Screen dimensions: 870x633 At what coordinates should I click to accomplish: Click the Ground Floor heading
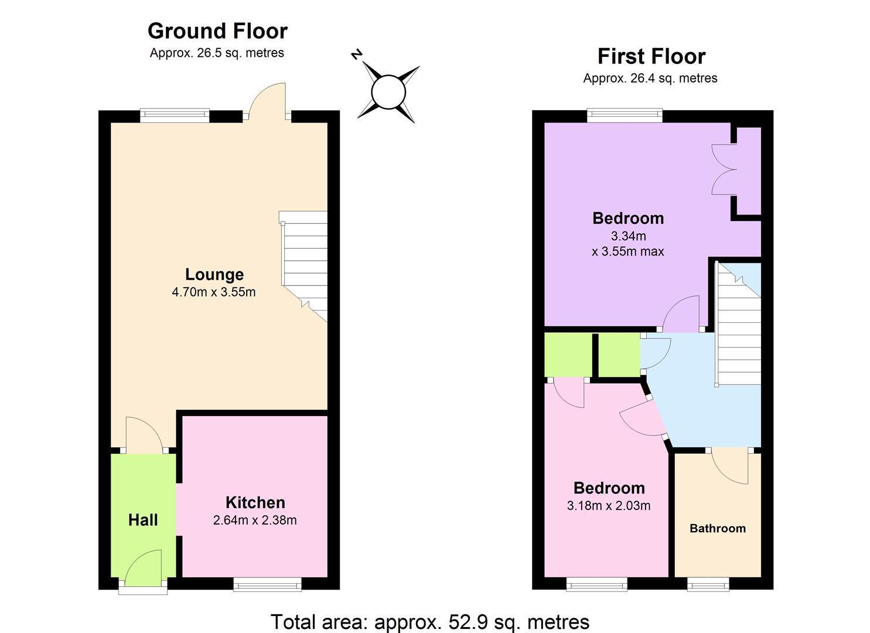click(x=217, y=31)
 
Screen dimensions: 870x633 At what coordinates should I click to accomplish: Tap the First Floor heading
click(x=651, y=57)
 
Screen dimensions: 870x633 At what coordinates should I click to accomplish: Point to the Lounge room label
click(x=214, y=274)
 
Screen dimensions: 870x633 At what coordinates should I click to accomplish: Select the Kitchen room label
click(x=255, y=502)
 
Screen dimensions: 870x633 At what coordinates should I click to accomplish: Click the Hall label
click(x=143, y=520)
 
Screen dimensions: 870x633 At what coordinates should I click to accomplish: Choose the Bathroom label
click(x=717, y=528)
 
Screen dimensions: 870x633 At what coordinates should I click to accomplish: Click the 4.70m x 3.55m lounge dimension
click(x=214, y=292)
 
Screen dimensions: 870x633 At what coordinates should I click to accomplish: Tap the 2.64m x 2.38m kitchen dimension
click(x=255, y=520)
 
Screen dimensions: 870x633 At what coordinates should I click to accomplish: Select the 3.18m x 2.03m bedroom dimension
click(x=609, y=506)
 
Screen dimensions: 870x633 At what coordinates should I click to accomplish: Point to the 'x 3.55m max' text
click(x=627, y=251)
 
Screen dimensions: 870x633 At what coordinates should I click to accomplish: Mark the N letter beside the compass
click(x=357, y=55)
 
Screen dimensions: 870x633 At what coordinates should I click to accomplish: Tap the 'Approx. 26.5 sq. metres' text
click(x=217, y=53)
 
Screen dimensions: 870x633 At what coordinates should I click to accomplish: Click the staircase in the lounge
click(x=303, y=266)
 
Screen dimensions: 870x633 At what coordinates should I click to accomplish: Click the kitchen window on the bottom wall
click(x=267, y=584)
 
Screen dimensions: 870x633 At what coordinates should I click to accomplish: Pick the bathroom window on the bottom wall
click(x=708, y=584)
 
